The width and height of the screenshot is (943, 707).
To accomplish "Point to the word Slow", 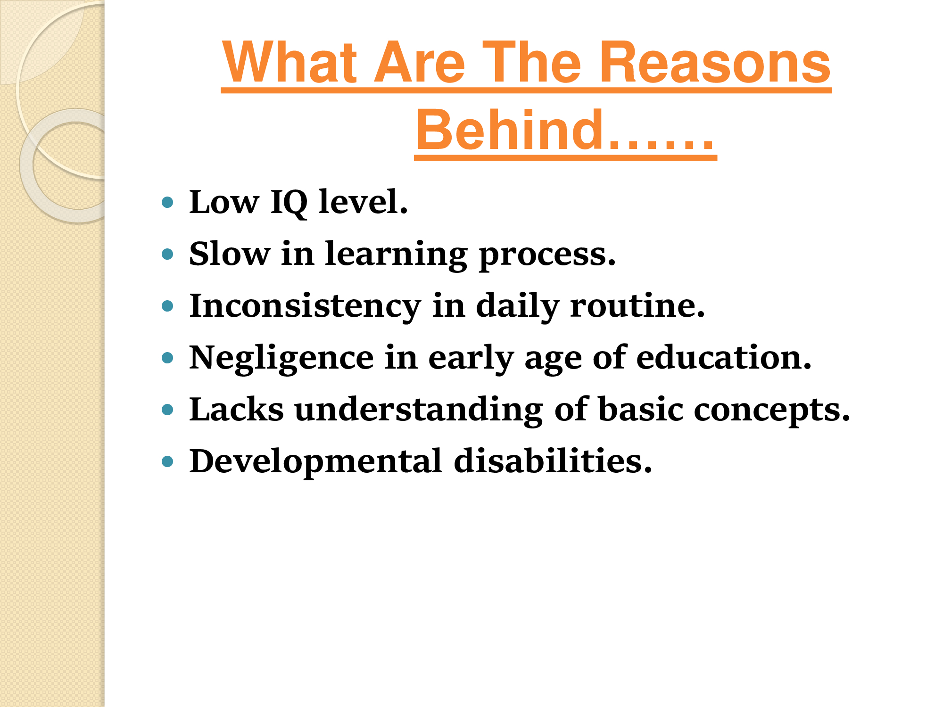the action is point(230,254).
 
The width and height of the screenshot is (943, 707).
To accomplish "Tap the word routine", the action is point(637,305).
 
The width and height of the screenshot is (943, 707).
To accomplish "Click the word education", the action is point(724,357).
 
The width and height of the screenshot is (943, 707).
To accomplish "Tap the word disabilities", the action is point(553,460).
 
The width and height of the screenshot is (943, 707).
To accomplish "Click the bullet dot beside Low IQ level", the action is point(167,203).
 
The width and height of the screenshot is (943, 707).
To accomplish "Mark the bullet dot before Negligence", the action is point(167,358).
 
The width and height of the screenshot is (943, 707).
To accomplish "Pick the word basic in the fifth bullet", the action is point(641,409).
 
